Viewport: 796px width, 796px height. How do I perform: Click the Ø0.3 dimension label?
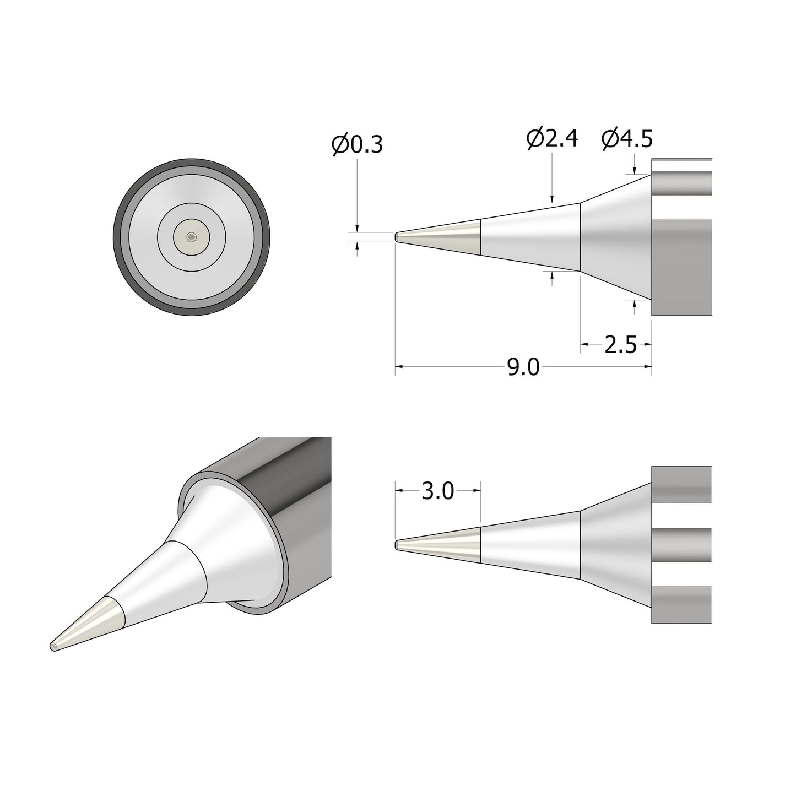(x=357, y=145)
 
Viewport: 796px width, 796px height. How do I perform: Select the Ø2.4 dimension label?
(x=552, y=139)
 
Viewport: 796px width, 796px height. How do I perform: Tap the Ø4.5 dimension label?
(x=627, y=139)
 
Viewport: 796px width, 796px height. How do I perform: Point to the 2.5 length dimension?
(x=620, y=345)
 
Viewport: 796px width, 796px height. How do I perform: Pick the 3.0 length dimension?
(x=437, y=490)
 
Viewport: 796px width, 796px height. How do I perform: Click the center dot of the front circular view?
(x=191, y=237)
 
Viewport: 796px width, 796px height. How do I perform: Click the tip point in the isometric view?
(x=53, y=646)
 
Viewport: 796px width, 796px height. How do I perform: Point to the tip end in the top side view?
(x=397, y=237)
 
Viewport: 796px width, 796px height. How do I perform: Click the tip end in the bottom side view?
(x=397, y=545)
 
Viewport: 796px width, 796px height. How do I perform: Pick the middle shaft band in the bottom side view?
(x=682, y=545)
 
